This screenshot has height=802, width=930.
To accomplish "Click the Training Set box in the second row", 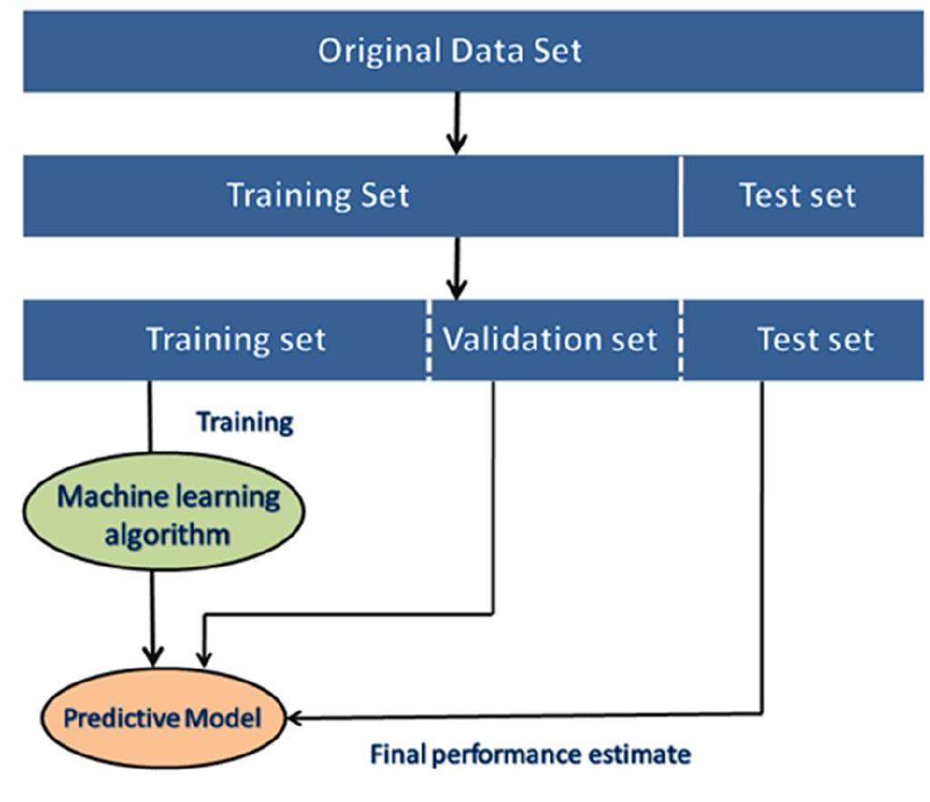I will click(318, 196).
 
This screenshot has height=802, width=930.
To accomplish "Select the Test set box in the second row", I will click(798, 196).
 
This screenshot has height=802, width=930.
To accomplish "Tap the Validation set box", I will click(549, 340).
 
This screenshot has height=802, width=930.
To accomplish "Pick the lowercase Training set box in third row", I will click(236, 340).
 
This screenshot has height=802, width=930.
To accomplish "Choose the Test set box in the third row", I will click(815, 340).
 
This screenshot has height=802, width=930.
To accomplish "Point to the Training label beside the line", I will click(245, 422).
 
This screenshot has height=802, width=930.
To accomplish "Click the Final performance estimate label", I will click(530, 754).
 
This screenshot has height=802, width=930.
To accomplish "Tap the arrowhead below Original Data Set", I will click(457, 142).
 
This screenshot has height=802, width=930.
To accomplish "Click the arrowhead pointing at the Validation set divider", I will click(457, 287).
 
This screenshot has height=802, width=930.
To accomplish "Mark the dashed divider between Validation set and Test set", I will click(681, 340).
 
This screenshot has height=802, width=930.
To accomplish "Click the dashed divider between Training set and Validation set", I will click(429, 340).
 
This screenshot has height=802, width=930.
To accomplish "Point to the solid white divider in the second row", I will click(680, 196).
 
